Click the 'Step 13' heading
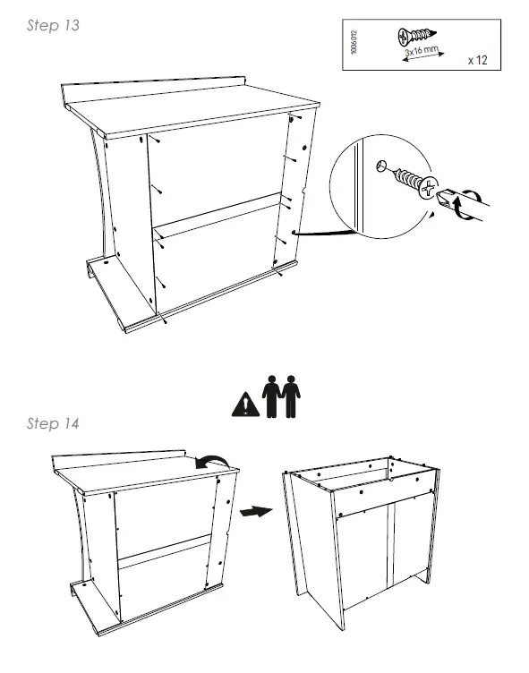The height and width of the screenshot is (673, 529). pos(54,26)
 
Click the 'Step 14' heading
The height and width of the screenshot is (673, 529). pos(54,423)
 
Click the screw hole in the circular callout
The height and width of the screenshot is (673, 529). pos(382,166)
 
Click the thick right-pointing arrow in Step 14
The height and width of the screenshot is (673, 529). pos(257,511)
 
